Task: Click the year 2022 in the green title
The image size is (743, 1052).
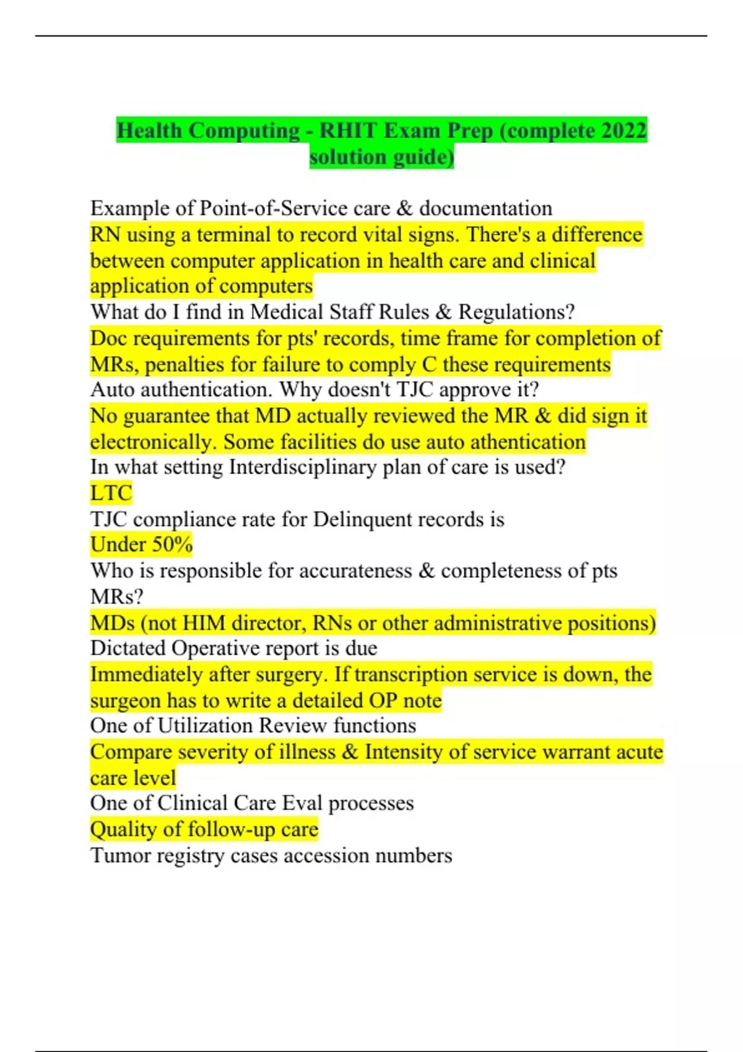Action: coord(624,131)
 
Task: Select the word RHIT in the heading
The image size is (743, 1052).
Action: coord(347,131)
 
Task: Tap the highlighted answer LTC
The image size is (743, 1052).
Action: coord(111,493)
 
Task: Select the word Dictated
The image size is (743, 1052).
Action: coord(128,648)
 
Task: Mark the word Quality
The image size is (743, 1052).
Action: coord(124,829)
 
